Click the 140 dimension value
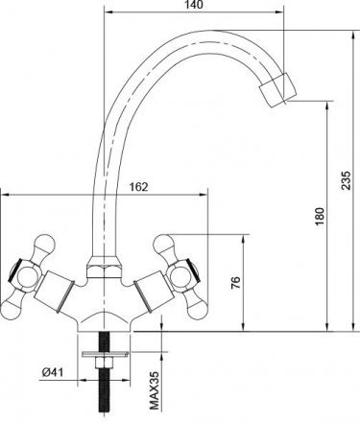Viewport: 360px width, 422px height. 194,5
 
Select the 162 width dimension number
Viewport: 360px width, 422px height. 138,187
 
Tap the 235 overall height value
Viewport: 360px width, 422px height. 346,180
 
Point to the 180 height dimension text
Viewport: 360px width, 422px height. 320,217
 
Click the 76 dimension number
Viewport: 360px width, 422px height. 235,283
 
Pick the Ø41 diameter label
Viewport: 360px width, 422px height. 53,372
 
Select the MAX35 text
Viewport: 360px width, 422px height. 155,390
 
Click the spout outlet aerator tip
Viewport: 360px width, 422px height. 277,90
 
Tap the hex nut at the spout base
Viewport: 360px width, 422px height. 104,267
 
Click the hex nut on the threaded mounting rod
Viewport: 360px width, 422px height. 104,363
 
